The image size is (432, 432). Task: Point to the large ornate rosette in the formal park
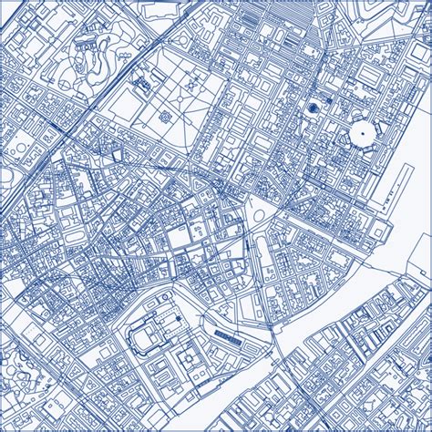(x=164, y=117)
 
